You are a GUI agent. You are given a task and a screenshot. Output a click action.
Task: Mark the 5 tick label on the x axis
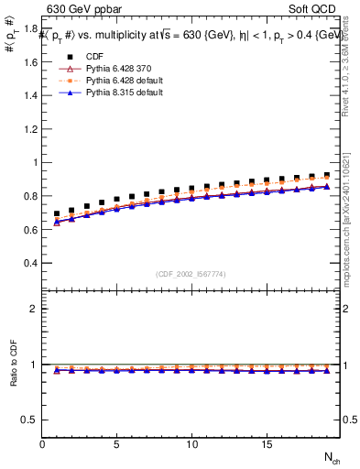(x=116, y=444)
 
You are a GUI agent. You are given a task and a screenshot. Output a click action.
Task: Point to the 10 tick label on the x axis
(x=191, y=444)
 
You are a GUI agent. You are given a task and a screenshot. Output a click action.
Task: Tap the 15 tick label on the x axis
(x=266, y=444)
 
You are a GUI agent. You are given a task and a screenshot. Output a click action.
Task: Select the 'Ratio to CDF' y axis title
(x=12, y=377)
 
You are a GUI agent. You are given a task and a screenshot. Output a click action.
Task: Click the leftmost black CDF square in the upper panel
(x=57, y=213)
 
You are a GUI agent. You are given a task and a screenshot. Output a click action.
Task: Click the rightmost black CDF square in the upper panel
(x=326, y=174)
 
